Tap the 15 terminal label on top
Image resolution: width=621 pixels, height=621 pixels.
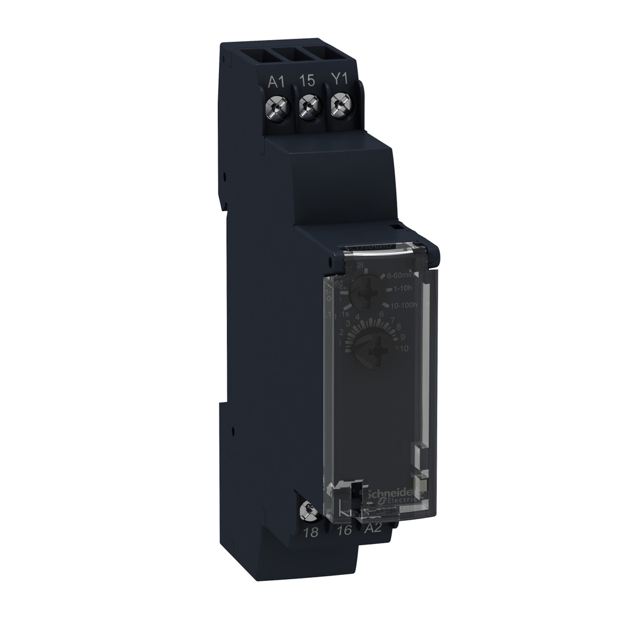pos(307,81)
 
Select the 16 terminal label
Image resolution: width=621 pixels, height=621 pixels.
pos(344,531)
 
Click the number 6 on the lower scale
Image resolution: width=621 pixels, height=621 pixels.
pos(381,314)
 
